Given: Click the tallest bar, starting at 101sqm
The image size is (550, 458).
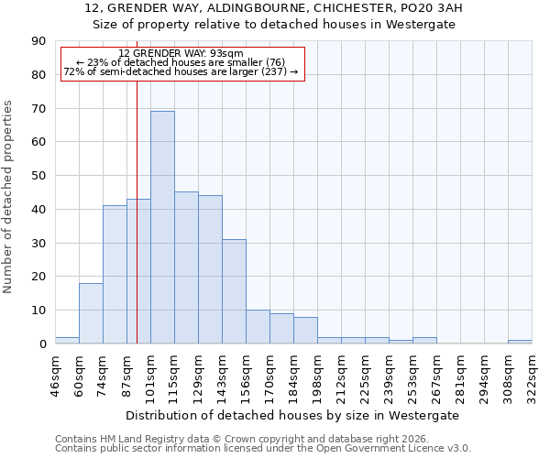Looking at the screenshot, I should [x=162, y=227].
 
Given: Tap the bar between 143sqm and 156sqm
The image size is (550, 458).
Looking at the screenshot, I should [x=234, y=291].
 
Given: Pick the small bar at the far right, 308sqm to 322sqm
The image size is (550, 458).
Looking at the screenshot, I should [x=520, y=342].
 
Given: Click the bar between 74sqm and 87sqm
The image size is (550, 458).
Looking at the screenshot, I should [x=115, y=275].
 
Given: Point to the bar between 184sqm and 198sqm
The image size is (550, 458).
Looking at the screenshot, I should [x=305, y=331].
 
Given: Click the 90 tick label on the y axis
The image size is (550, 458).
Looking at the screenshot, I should [x=38, y=41].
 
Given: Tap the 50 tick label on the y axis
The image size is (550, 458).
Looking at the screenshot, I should [x=38, y=176].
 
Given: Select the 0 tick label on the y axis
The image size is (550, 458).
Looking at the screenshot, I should [x=42, y=343].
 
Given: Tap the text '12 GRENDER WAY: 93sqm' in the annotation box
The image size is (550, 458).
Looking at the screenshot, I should [x=181, y=54].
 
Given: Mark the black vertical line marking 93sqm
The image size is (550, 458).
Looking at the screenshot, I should [x=137, y=229].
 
